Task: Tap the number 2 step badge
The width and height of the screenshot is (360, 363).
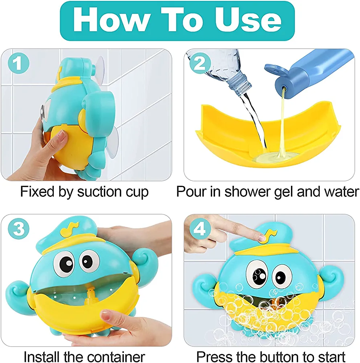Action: coord(200,63)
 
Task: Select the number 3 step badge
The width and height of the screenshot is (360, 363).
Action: coord(19,228)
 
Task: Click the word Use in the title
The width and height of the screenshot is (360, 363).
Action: coord(248,20)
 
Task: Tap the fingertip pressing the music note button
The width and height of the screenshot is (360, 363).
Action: coord(260,237)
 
